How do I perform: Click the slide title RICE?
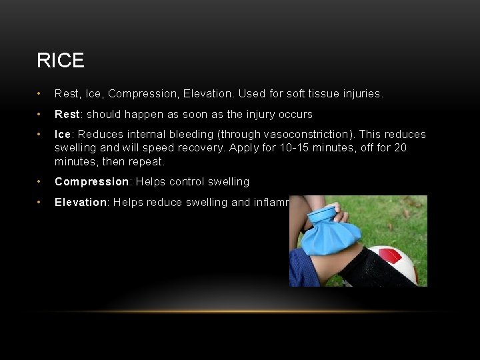tap(61, 61)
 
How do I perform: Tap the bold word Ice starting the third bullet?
tap(63, 135)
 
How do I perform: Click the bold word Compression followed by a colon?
tap(91, 182)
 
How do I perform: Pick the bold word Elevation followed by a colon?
tap(81, 202)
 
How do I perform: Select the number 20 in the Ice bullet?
tap(400, 148)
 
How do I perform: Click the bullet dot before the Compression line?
tap(41, 182)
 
